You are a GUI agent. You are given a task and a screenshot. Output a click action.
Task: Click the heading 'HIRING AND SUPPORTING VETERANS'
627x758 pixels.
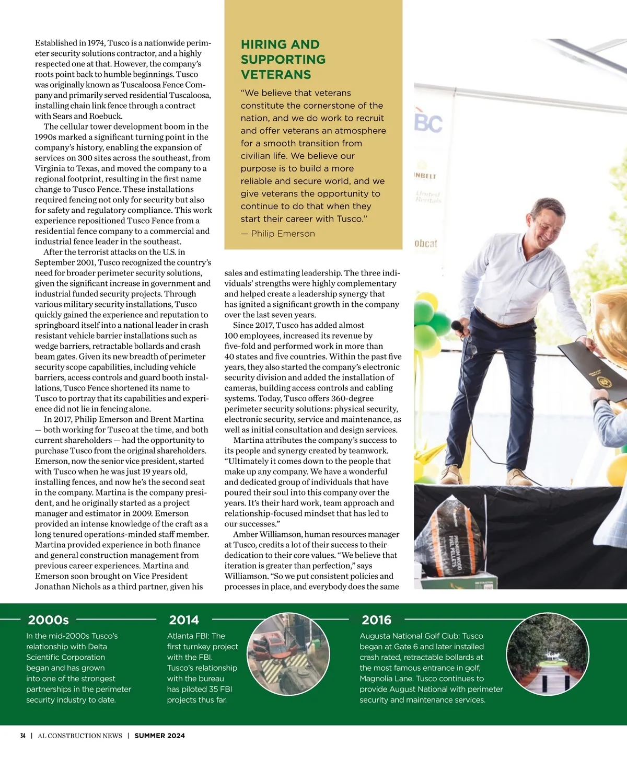[x=283, y=60]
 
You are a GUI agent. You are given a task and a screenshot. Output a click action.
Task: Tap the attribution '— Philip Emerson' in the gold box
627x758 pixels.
[x=278, y=234]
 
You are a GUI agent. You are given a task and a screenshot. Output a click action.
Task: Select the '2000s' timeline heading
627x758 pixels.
[x=48, y=620]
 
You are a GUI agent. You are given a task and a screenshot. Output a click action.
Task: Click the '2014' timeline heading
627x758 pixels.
[x=184, y=620]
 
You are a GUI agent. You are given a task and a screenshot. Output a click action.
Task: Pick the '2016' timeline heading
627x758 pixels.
[x=376, y=620]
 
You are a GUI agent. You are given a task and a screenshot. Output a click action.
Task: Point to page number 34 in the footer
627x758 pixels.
[x=22, y=736]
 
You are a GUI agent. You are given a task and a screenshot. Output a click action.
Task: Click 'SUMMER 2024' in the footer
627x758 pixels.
[x=159, y=736]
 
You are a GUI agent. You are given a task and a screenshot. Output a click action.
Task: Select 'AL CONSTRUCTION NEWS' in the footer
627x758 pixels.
[x=80, y=736]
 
